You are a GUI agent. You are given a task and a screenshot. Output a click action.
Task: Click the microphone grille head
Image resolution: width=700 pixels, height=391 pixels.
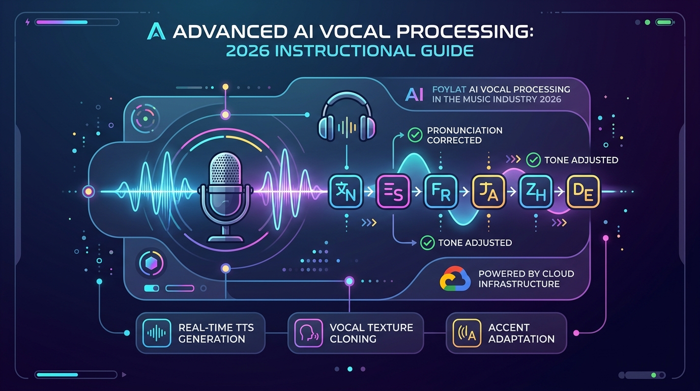(225, 169)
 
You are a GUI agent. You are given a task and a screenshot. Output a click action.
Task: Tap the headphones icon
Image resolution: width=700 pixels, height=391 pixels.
(346, 116)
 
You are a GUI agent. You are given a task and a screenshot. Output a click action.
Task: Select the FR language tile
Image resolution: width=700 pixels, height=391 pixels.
(441, 191)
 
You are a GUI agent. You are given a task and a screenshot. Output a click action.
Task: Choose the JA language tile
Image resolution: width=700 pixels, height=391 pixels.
(488, 191)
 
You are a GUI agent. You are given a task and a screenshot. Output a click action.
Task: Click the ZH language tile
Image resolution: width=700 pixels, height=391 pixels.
(536, 191)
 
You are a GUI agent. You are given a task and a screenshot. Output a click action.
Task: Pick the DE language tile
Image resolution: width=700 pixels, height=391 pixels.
(583, 191)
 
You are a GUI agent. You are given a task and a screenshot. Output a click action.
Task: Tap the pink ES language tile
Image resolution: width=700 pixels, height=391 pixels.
(393, 191)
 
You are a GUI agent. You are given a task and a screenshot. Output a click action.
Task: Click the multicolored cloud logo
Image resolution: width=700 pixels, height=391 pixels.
(455, 278)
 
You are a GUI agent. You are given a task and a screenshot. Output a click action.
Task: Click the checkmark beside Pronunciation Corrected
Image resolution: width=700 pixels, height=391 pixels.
(415, 135)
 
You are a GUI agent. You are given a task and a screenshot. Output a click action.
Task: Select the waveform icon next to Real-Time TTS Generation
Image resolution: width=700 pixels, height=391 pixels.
(156, 333)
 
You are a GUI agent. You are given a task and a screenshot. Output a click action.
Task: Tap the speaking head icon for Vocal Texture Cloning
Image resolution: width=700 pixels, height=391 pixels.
(308, 333)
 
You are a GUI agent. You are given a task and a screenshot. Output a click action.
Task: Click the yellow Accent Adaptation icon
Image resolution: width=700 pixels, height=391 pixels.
(467, 333)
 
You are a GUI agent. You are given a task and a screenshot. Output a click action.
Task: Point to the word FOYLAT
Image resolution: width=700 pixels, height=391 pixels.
(449, 90)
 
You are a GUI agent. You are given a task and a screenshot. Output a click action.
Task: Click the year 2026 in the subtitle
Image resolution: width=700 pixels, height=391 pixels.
(247, 51)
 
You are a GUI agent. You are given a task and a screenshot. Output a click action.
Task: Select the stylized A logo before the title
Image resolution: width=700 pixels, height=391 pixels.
(156, 31)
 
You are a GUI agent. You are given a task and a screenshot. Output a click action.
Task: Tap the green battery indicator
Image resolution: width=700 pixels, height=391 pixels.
(665, 22)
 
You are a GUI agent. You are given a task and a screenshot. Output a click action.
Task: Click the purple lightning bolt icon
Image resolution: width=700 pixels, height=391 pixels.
(27, 22)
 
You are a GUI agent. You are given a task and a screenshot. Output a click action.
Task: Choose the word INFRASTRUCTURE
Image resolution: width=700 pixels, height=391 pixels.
(519, 284)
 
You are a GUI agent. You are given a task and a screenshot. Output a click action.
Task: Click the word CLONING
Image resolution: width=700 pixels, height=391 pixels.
(353, 339)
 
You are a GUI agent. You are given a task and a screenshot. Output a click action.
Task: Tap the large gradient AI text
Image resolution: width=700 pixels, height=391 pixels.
(415, 94)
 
